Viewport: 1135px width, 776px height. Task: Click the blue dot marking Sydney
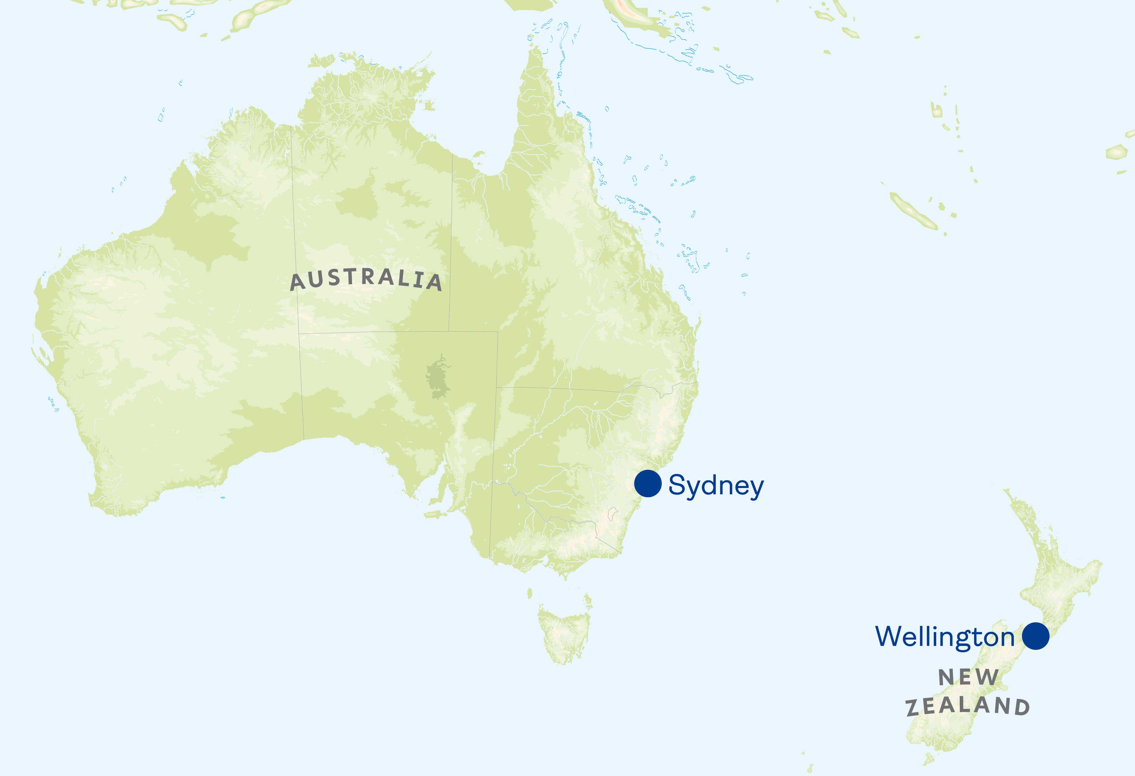point(648,484)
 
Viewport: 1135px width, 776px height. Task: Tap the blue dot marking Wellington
point(1035,636)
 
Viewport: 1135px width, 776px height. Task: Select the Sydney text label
point(716,486)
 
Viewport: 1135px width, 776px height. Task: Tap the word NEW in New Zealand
point(969,677)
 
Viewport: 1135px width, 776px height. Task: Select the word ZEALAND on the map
point(968,706)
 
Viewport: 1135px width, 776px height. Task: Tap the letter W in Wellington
point(890,636)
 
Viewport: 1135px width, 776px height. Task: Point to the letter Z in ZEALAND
point(913,709)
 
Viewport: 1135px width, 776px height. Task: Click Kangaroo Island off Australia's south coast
point(433,514)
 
